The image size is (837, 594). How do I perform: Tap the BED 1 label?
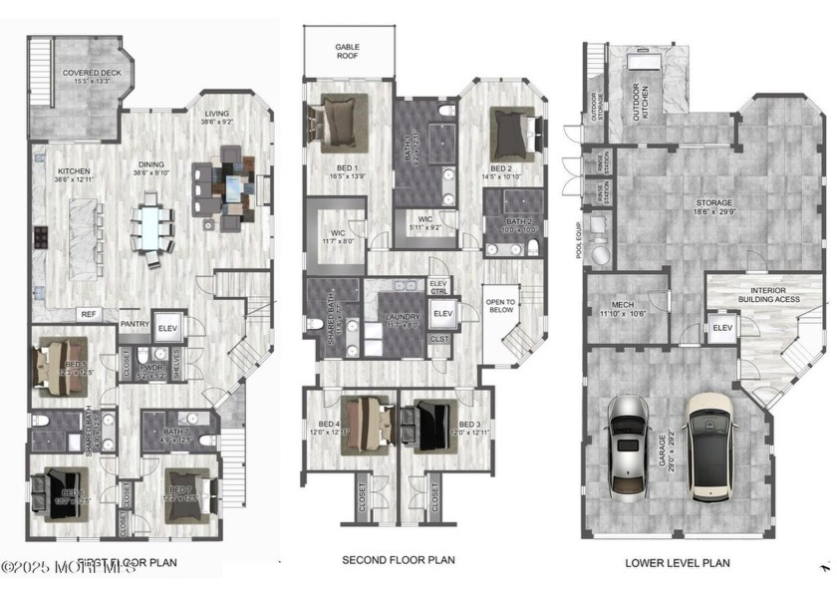pyautogui.click(x=342, y=167)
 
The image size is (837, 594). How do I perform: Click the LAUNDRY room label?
pyautogui.click(x=404, y=318)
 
